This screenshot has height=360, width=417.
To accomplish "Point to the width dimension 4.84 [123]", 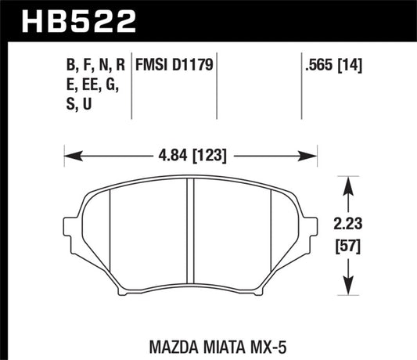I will pyautogui.click(x=192, y=155).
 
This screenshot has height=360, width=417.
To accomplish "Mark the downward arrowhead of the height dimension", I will pyautogui.click(x=349, y=292).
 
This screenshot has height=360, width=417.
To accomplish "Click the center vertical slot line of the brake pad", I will pyautogui.click(x=190, y=235).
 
